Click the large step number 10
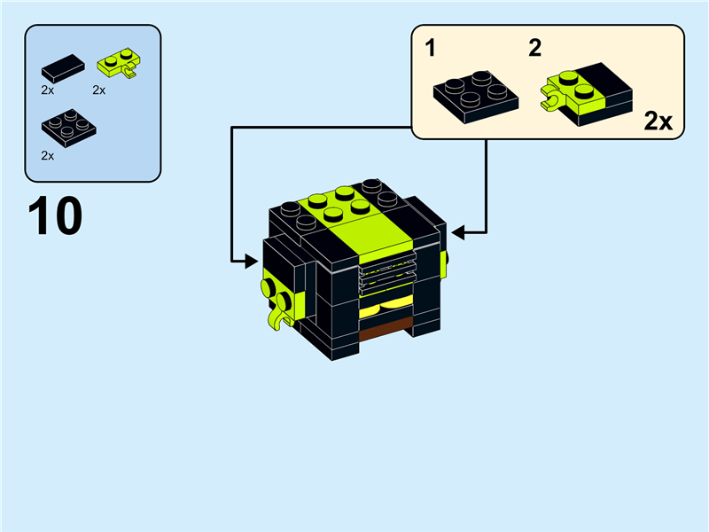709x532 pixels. pyautogui.click(x=55, y=215)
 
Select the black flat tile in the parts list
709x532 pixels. pyautogui.click(x=63, y=68)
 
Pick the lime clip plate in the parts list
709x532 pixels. pyautogui.click(x=120, y=63)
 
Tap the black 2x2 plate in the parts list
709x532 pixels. pyautogui.click(x=69, y=128)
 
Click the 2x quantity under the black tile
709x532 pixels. pyautogui.click(x=48, y=90)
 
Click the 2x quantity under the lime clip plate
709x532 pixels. pyautogui.click(x=99, y=90)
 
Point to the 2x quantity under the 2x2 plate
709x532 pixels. pyautogui.click(x=48, y=156)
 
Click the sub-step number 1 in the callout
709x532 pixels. pyautogui.click(x=431, y=48)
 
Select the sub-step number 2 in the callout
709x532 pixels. pyautogui.click(x=535, y=48)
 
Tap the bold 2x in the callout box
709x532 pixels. pyautogui.click(x=658, y=121)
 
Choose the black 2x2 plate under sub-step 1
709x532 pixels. pyautogui.click(x=476, y=97)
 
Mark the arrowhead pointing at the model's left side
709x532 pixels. pyautogui.click(x=252, y=261)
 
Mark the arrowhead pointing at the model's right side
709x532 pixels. pyautogui.click(x=457, y=233)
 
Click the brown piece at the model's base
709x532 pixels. pyautogui.click(x=386, y=329)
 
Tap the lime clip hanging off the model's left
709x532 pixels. pyautogui.click(x=278, y=320)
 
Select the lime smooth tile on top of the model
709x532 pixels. pyautogui.click(x=370, y=237)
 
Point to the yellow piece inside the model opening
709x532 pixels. pyautogui.click(x=386, y=308)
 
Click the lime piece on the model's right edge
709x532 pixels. pyautogui.click(x=444, y=264)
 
